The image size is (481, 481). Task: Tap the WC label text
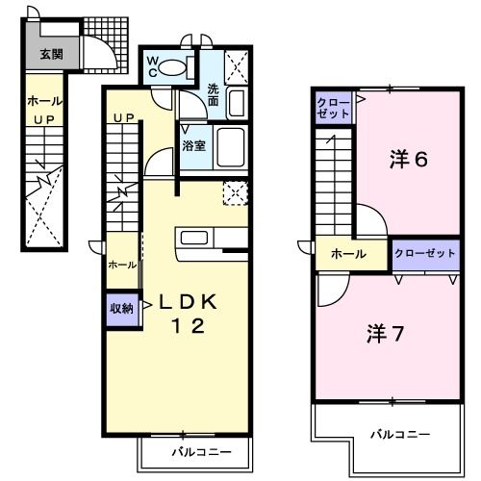coord(153,67)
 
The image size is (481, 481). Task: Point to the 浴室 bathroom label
coord(193,146)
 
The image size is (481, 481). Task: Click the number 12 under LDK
coord(189,327)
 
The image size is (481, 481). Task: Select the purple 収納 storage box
coord(121,308)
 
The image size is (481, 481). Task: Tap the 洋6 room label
coord(408,161)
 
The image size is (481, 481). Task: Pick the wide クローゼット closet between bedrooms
coord(423,254)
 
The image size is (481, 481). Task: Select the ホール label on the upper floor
coord(347,254)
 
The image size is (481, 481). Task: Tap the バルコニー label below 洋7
coord(403,436)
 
